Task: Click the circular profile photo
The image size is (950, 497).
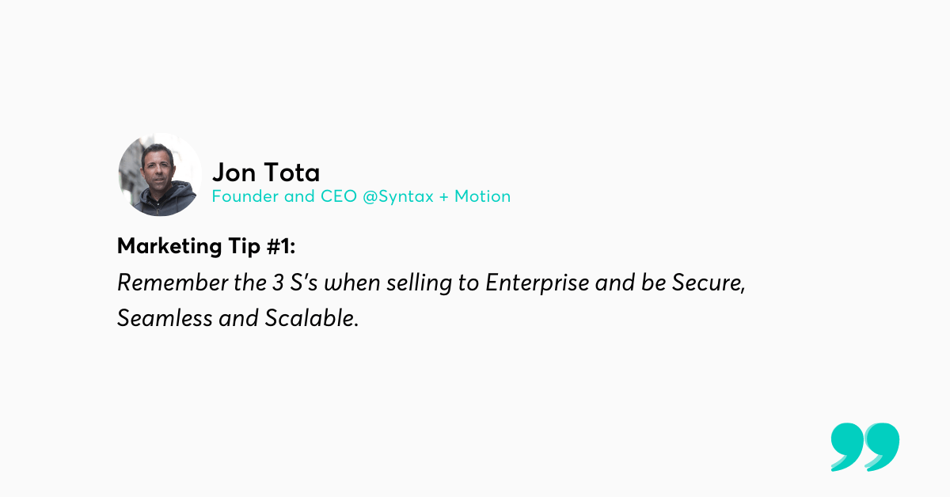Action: [160, 174]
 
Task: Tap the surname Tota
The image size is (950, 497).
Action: [292, 173]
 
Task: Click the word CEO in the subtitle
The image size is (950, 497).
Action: [339, 196]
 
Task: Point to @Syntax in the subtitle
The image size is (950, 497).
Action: [398, 197]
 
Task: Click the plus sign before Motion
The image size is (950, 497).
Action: [443, 197]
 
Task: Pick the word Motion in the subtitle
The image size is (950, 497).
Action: [482, 196]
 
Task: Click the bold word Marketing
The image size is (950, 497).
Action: [169, 246]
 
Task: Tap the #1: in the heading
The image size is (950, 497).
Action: [281, 246]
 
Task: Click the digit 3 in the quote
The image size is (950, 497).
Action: [278, 283]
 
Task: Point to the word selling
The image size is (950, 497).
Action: [419, 283]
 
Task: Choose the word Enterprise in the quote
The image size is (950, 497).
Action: [537, 283]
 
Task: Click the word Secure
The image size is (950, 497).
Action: [709, 283]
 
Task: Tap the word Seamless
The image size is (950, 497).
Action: [165, 318]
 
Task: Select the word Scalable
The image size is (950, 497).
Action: [312, 318]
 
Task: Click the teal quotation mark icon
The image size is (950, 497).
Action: [864, 446]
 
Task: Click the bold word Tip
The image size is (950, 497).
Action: [244, 247]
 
